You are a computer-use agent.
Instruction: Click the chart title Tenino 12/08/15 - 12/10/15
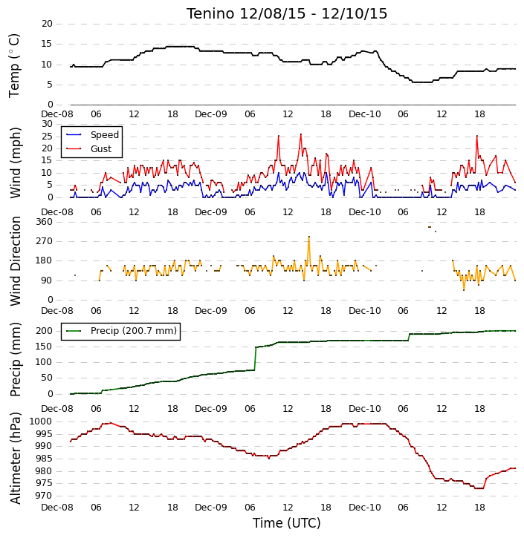click(287, 13)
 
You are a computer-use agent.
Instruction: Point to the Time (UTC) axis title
click(287, 523)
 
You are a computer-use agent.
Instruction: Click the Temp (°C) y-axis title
click(14, 66)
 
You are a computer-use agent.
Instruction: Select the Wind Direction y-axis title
click(15, 261)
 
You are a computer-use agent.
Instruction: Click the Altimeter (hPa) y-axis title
click(15, 458)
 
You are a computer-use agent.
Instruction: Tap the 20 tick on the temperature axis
click(47, 24)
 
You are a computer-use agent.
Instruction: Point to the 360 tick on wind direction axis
click(45, 222)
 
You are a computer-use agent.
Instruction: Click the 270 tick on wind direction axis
click(45, 241)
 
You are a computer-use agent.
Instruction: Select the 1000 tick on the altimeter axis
click(41, 421)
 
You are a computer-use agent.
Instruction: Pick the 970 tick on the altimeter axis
click(45, 496)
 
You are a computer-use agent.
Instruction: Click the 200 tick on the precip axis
click(45, 331)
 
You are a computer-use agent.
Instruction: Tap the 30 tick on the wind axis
click(47, 124)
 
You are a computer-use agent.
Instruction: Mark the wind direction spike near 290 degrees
click(309, 237)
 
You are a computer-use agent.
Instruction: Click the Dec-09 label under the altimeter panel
click(211, 507)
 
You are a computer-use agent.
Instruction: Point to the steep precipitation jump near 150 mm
click(255, 358)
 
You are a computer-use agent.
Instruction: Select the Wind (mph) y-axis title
click(15, 163)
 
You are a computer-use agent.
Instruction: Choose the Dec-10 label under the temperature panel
click(365, 114)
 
